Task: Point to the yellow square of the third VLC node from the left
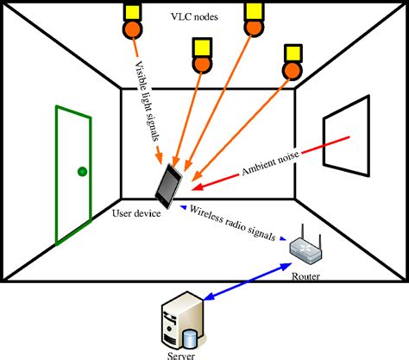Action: pos(254,10)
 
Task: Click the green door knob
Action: pos(82,171)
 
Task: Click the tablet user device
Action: pos(167,184)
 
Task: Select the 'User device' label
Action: pos(135,212)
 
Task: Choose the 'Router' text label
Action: pos(307,276)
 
